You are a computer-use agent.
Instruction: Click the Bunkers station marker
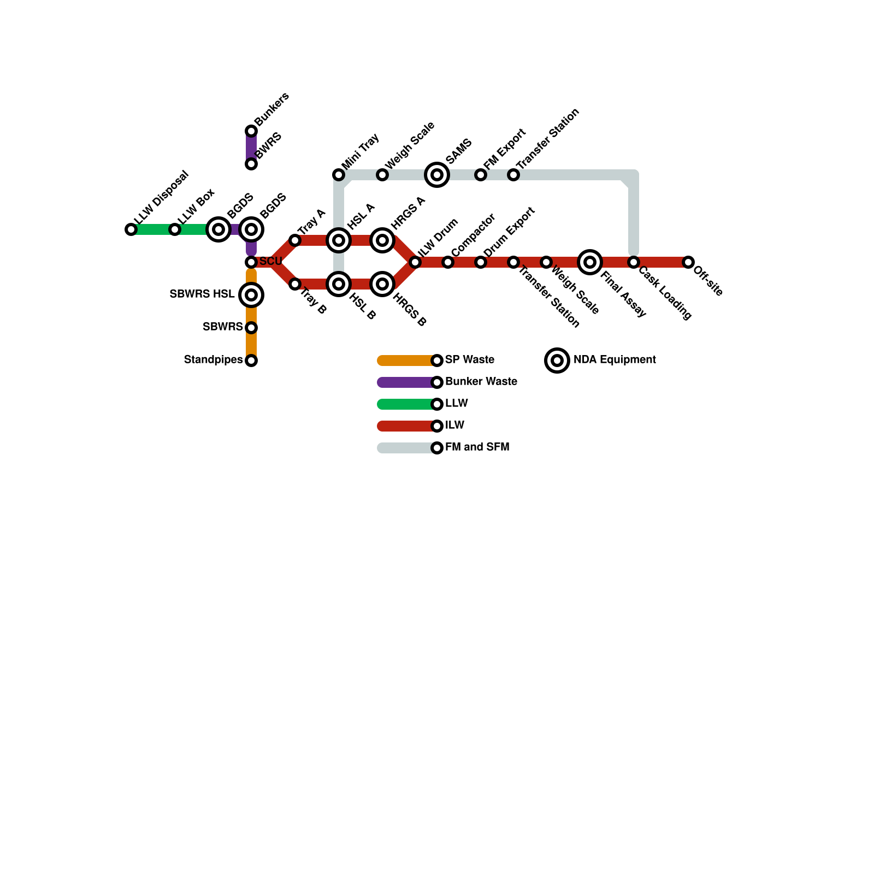pos(251,131)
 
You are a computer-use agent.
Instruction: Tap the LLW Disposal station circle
pos(131,229)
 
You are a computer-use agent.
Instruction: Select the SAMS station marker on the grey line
pos(437,175)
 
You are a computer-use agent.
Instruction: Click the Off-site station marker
pos(688,262)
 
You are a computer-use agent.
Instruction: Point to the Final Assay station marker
pos(590,262)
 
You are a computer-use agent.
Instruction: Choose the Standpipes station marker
pos(251,361)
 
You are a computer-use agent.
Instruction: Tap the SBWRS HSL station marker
pos(251,295)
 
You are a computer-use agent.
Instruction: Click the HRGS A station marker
pos(382,240)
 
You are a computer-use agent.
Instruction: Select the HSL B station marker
pos(339,284)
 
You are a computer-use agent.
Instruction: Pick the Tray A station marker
pos(295,240)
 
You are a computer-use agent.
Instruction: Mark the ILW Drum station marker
pos(415,262)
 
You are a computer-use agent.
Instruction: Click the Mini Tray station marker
pos(339,175)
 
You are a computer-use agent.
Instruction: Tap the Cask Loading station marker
pos(634,262)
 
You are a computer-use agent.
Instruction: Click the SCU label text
pos(271,262)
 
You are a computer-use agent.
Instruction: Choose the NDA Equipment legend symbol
pos(557,361)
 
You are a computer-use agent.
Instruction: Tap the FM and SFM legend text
pos(477,447)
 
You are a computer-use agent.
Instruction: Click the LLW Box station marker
pos(175,229)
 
